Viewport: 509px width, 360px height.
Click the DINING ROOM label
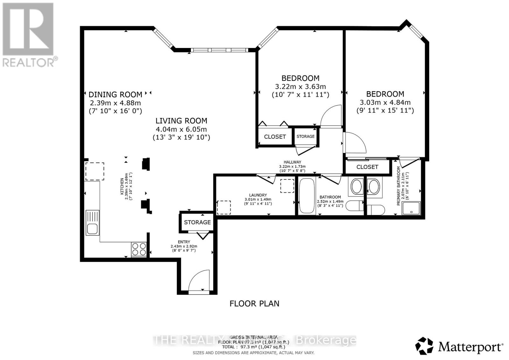pyautogui.click(x=115, y=94)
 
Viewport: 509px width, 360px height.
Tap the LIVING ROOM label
pyautogui.click(x=181, y=121)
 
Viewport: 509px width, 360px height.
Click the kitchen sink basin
pyautogui.click(x=93, y=229)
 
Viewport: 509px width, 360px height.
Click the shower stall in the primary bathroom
pyautogui.click(x=411, y=208)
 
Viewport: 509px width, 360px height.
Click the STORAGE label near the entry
pyautogui.click(x=197, y=222)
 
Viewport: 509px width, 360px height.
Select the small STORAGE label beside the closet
pyautogui.click(x=305, y=136)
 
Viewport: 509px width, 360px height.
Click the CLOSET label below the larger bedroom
pyautogui.click(x=367, y=167)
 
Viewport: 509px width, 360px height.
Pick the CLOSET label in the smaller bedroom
pyautogui.click(x=275, y=137)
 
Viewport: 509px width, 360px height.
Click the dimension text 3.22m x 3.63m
pyautogui.click(x=300, y=87)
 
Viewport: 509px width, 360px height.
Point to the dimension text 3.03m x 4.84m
pyautogui.click(x=385, y=102)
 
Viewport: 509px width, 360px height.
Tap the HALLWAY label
pyautogui.click(x=292, y=162)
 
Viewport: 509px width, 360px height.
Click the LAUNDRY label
pyautogui.click(x=258, y=195)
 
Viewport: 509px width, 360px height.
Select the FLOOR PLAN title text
pyautogui.click(x=254, y=304)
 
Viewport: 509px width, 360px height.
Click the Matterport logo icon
pyautogui.click(x=424, y=346)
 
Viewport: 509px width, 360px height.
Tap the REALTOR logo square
pyautogui.click(x=28, y=29)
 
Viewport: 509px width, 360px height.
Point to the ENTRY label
pyautogui.click(x=184, y=242)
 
